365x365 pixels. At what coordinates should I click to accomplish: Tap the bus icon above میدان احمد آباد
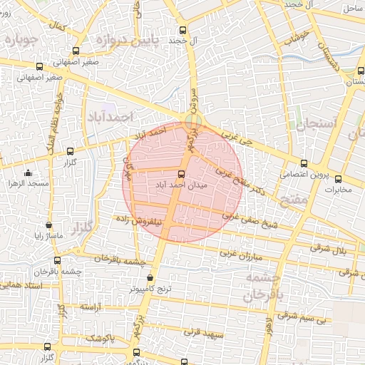[x=180, y=174]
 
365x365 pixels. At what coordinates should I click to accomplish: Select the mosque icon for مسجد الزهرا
[x=28, y=173]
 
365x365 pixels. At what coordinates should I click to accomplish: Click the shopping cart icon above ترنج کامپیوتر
[x=150, y=278]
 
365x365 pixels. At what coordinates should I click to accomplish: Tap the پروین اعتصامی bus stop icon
[x=304, y=163]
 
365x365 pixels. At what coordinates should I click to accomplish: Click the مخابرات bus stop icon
[x=339, y=179]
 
